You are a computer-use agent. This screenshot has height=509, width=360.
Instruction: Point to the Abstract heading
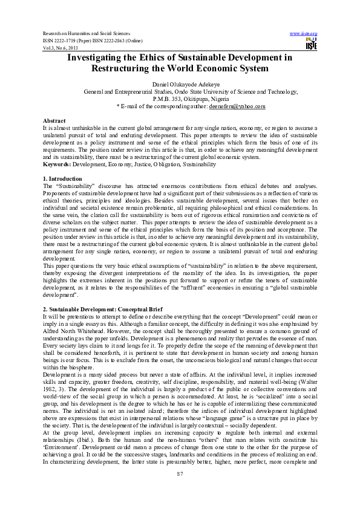[54, 121]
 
